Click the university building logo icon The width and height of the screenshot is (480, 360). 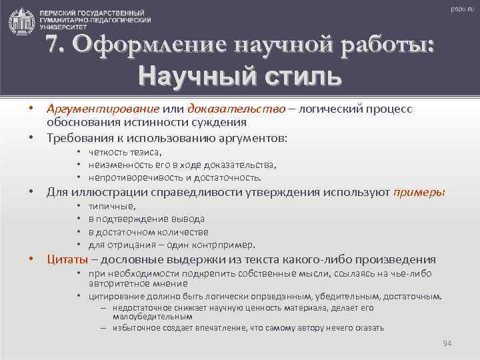coord(21,21)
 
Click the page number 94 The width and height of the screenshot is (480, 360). coord(447,343)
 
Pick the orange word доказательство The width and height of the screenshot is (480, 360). coord(237,109)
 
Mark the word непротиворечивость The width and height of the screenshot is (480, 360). coord(135,177)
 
